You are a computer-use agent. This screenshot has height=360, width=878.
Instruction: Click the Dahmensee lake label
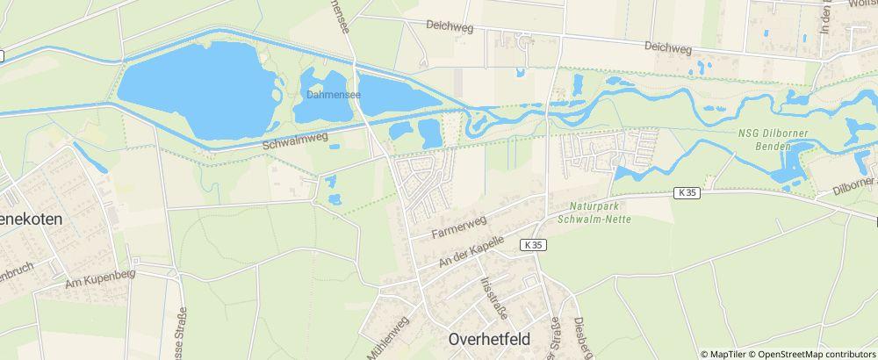(x=329, y=91)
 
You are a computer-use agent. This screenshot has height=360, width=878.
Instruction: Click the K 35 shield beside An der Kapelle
(x=530, y=245)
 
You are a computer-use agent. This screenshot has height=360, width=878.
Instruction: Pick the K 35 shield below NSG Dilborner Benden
(x=687, y=192)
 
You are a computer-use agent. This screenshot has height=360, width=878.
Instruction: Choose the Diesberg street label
(x=578, y=337)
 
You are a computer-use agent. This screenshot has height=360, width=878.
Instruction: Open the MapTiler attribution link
(x=727, y=354)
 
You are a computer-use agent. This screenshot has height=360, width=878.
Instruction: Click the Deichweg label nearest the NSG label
(x=667, y=46)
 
